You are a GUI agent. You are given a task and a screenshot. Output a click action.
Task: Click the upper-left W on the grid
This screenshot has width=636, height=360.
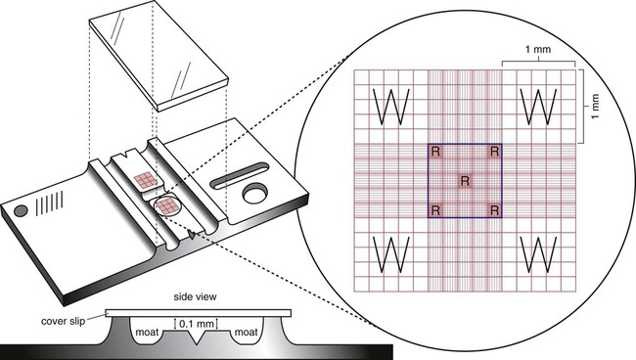[391, 107]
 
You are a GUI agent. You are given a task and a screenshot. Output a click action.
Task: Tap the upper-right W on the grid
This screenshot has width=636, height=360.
[538, 107]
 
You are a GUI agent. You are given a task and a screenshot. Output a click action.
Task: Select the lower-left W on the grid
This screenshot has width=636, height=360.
[391, 254]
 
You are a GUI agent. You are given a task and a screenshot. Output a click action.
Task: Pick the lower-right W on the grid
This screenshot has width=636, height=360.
[538, 254]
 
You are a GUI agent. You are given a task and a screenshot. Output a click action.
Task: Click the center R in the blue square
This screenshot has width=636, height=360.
[465, 181]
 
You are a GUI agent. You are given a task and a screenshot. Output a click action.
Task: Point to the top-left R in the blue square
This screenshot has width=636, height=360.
[435, 152]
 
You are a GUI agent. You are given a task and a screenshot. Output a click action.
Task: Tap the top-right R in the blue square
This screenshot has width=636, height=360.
[494, 152]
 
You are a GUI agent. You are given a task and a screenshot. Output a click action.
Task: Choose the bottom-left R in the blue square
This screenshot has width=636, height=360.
[435, 210]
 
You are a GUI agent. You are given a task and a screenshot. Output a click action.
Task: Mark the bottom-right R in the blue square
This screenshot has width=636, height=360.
[494, 210]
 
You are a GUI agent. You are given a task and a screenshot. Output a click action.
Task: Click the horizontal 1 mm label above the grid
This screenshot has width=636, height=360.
[538, 50]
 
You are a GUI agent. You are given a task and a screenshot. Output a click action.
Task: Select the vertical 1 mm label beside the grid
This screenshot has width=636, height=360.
[595, 107]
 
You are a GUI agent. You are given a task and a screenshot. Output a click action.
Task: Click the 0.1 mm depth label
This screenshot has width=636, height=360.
[197, 324]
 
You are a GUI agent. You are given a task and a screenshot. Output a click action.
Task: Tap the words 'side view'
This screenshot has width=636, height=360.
[195, 296]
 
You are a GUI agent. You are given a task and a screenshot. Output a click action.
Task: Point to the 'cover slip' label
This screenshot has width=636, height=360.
[64, 321]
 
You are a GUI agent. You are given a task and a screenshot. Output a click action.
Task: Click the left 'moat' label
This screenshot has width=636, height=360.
[147, 333]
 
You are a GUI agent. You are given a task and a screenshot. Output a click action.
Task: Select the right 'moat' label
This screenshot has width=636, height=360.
[246, 333]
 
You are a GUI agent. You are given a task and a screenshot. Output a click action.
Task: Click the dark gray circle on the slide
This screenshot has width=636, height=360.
[21, 210]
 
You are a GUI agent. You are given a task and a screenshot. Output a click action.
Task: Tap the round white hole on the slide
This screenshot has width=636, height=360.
[254, 194]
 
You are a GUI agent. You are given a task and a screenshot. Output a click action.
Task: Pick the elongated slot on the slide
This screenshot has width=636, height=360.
[240, 175]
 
